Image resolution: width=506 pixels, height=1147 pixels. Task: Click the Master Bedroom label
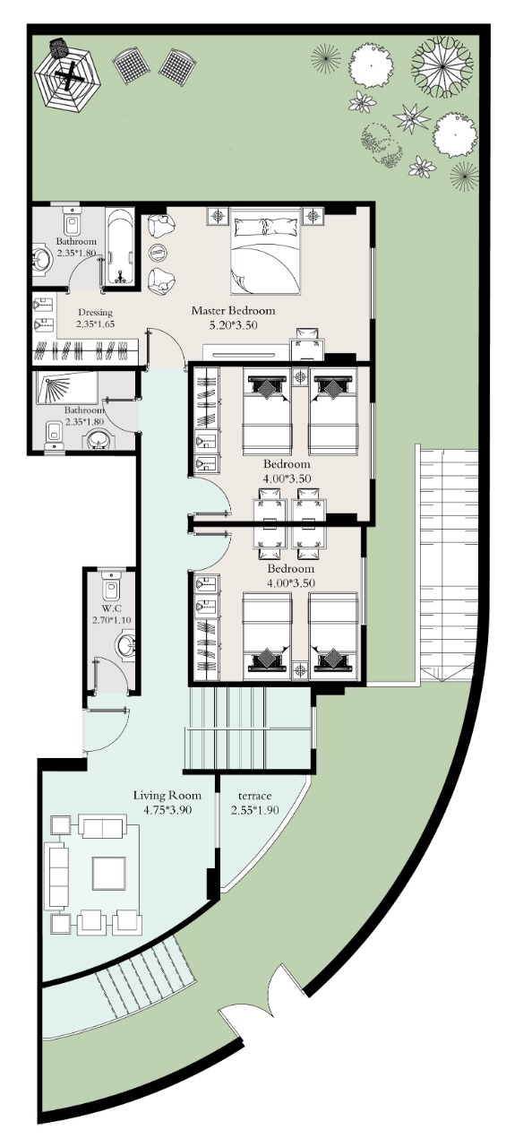coord(233,310)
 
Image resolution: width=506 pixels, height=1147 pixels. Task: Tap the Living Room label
coord(167,795)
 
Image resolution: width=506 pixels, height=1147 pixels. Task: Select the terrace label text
coord(254,796)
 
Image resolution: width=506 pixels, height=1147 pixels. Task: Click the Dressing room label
coord(95,313)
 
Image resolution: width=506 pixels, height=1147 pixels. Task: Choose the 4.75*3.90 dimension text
coord(167,810)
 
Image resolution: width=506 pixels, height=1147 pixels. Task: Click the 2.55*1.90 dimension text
coord(254,810)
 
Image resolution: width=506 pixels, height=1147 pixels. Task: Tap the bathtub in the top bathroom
coord(120,246)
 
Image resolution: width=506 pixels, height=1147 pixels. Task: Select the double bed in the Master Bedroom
coord(264,251)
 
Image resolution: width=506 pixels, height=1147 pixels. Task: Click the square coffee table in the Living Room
coord(108,874)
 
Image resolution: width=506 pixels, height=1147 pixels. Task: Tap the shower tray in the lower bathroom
coord(67,388)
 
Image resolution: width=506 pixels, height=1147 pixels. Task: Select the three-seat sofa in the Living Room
coord(56,876)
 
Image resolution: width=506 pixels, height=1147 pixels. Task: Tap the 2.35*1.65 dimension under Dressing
coord(95,323)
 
